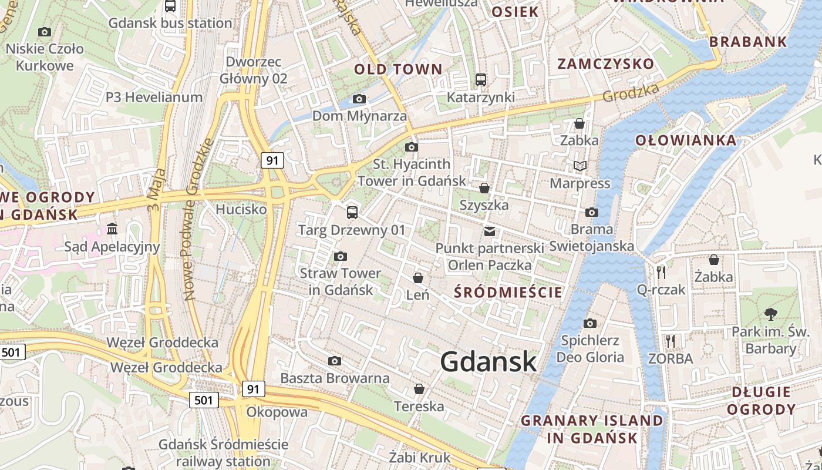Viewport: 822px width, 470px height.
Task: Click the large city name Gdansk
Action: tap(489, 361)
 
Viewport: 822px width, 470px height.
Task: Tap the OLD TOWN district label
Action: tap(398, 69)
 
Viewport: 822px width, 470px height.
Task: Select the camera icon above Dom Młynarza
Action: tap(359, 99)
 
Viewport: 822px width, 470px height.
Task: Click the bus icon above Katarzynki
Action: tap(480, 80)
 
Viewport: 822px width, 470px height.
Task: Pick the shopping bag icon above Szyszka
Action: tap(484, 188)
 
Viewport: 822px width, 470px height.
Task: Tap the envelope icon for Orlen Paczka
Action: tap(489, 231)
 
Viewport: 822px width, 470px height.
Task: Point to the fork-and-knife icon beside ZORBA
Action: tap(670, 341)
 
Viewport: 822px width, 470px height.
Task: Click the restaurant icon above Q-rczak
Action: tap(661, 272)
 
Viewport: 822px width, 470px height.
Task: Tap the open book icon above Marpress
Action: tap(580, 166)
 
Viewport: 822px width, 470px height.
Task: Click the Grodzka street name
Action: tap(631, 92)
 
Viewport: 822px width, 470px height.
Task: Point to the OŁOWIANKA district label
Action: tap(686, 140)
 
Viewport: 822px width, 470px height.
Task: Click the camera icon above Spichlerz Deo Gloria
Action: tap(590, 323)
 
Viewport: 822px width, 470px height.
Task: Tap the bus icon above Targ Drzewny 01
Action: tap(352, 213)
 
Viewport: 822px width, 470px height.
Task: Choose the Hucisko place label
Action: tap(241, 209)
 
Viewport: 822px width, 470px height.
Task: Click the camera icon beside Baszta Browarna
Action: tap(335, 361)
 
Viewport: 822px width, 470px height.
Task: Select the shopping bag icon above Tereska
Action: tap(419, 389)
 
